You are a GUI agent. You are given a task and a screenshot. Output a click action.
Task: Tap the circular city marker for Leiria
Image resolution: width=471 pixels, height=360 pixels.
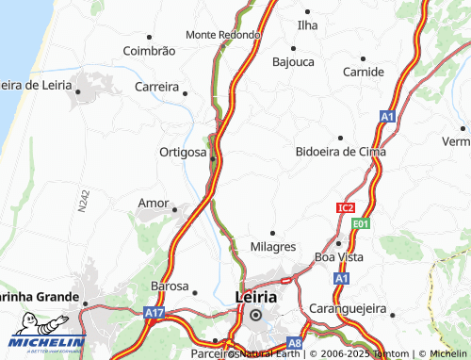click(x=254, y=316)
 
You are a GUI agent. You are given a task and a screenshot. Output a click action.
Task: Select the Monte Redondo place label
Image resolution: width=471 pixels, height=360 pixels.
click(x=223, y=35)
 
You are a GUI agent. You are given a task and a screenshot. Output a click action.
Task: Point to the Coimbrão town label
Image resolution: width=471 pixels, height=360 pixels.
click(x=149, y=50)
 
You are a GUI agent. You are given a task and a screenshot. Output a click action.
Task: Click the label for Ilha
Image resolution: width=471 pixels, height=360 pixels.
click(x=307, y=25)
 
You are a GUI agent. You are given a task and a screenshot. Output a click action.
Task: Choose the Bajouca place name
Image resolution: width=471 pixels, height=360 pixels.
click(x=293, y=62)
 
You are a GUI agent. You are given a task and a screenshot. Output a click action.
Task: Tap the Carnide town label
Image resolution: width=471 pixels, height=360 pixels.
click(x=364, y=72)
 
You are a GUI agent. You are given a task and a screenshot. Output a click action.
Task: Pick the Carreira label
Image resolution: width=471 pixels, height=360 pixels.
click(x=156, y=87)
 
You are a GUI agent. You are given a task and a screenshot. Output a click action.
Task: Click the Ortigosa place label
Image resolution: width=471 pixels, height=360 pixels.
click(x=183, y=152)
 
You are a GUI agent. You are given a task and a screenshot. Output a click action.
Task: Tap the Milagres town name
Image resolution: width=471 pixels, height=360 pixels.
click(x=273, y=246)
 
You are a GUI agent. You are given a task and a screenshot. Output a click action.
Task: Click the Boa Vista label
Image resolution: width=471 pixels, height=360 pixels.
click(x=338, y=256)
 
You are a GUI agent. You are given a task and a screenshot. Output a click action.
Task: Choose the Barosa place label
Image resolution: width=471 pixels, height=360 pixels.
click(x=170, y=286)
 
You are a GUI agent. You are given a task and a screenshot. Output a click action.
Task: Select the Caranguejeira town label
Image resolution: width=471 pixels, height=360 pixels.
click(x=349, y=308)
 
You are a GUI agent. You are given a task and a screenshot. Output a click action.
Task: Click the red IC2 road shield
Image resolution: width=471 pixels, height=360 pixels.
click(x=346, y=207)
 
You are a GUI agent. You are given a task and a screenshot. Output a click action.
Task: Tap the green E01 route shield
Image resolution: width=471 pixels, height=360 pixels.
click(x=360, y=224)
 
